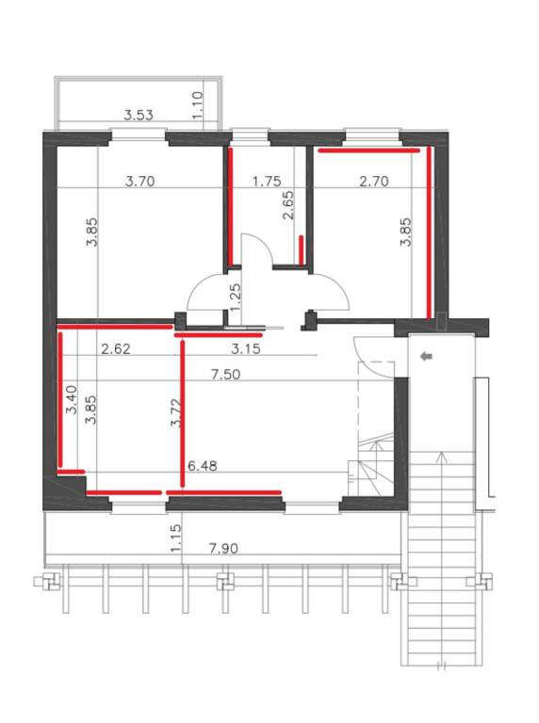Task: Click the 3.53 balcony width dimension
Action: pos(139,114)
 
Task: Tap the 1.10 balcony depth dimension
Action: pos(198,105)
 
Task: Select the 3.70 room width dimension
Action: pos(139,181)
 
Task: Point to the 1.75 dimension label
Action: pos(267,181)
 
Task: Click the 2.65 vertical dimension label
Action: pos(287,205)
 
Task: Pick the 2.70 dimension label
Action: pos(374,181)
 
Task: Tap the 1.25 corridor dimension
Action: pos(235,297)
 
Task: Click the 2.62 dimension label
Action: pos(115,349)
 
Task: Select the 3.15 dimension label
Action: pos(246,349)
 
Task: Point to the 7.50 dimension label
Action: pos(225,374)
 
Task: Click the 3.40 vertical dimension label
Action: pos(72,400)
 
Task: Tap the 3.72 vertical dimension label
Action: pos(176,412)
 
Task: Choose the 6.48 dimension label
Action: pos(202,466)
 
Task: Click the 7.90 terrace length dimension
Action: pos(223,549)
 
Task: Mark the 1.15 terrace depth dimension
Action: pos(176,538)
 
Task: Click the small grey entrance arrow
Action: pos(427,356)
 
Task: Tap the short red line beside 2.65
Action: pos(301,250)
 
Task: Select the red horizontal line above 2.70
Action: pos(369,150)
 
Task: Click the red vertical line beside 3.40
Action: pos(60,399)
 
